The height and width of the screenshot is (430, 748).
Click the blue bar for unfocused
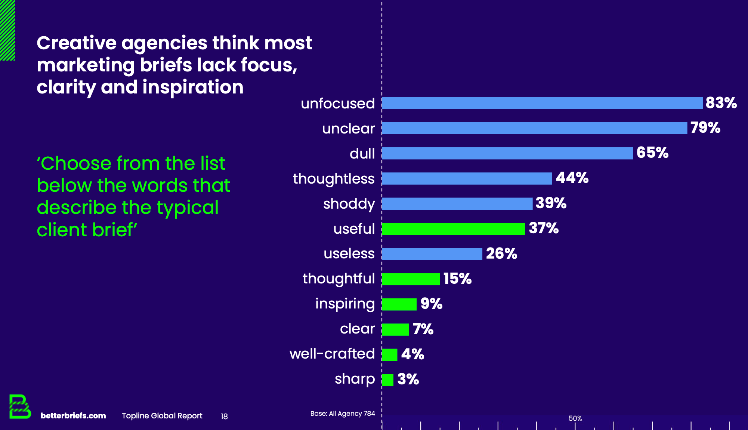coord(542,103)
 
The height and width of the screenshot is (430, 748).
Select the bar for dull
coord(507,153)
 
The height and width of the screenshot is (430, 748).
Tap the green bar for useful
coord(453,229)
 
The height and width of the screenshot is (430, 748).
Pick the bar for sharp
coord(387,380)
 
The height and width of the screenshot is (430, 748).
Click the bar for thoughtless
coord(467,178)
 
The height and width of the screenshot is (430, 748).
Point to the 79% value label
coord(705,128)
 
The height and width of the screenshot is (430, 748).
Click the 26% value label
coord(501,254)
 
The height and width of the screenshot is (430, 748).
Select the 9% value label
coord(431,304)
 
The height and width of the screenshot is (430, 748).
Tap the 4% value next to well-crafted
coord(412,354)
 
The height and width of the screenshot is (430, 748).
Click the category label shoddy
coord(349,204)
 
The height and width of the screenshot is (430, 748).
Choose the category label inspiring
coord(344,304)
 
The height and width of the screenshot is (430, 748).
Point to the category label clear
coord(357,329)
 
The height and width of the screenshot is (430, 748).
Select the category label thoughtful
coord(338,279)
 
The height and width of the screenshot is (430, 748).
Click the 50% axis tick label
coord(575,418)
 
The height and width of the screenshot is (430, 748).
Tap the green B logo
coord(19,406)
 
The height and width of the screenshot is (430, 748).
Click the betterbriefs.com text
coord(73,416)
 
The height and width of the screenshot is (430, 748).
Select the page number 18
coord(224,417)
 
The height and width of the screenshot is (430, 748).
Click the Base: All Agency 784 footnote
coord(342,414)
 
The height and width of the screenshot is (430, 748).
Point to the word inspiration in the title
coord(193,87)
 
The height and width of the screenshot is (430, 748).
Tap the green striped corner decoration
coord(7,30)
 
